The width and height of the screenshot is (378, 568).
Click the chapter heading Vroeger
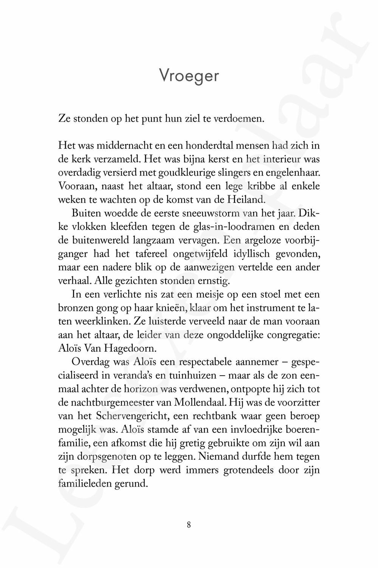pyautogui.click(x=189, y=76)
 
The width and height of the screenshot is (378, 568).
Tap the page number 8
pyautogui.click(x=189, y=525)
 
